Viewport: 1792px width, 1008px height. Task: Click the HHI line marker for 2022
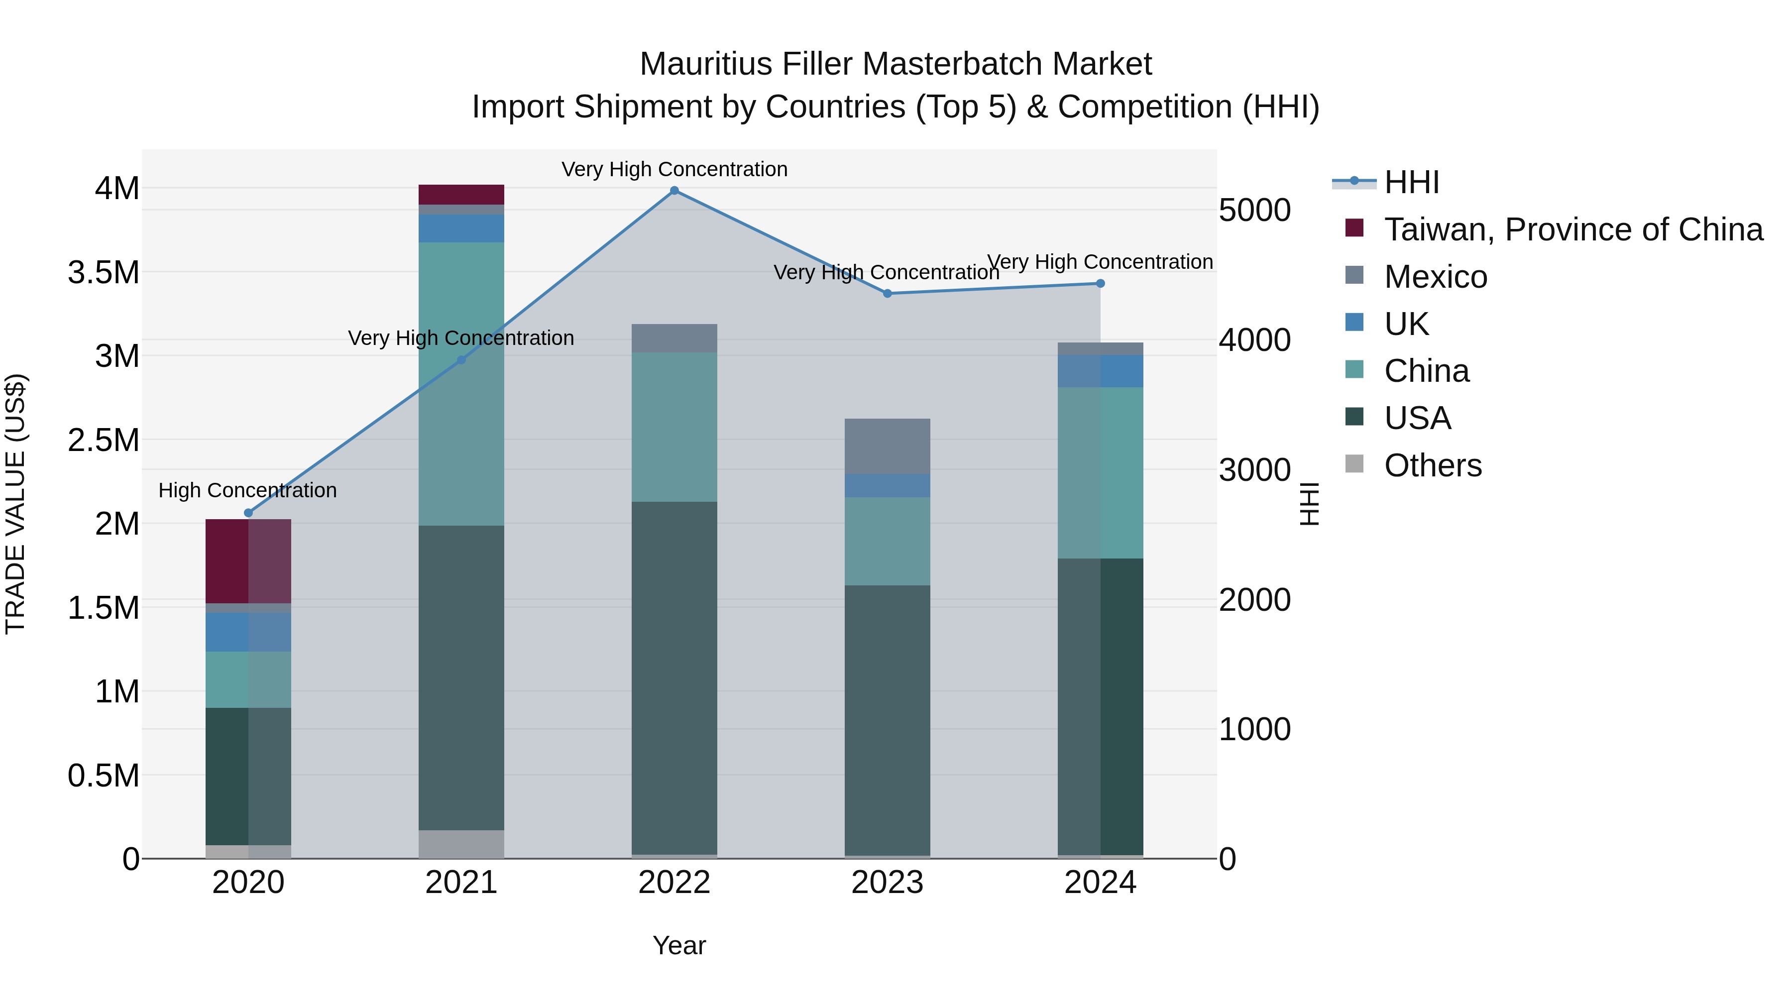pos(674,191)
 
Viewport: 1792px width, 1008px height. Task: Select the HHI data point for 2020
pos(248,513)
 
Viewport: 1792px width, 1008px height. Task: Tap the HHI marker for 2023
pos(887,294)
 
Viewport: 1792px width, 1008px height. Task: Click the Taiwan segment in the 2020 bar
pos(248,560)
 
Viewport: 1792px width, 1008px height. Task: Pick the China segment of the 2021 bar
pos(461,383)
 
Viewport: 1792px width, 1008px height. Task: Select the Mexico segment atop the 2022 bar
pos(674,338)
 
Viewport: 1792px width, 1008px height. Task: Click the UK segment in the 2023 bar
pos(887,485)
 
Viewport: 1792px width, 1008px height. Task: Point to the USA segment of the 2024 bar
pos(1100,706)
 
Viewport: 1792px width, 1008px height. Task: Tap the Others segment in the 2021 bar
pos(461,844)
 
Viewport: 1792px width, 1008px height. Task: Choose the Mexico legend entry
pos(1435,277)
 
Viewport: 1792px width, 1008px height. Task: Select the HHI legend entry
pos(1411,182)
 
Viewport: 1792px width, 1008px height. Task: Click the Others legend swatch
pos(1354,464)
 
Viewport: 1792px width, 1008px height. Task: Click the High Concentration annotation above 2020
pos(248,490)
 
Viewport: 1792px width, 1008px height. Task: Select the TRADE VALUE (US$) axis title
pos(15,504)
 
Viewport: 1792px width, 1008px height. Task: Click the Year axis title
pos(679,945)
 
